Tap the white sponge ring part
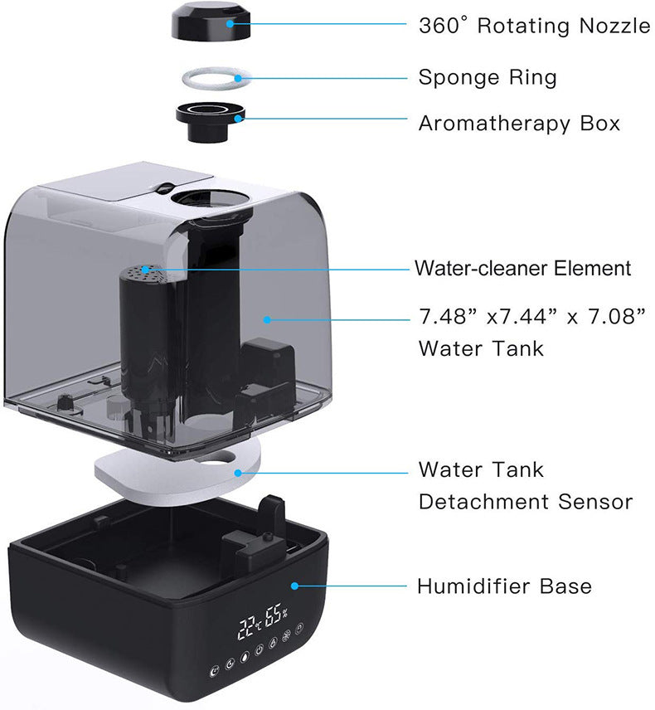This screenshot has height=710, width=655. [x=211, y=79]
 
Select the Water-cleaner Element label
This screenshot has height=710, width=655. [x=523, y=269]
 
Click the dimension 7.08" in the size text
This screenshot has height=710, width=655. [x=609, y=317]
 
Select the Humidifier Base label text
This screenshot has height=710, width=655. [x=504, y=586]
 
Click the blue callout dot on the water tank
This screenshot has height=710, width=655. [x=267, y=318]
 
